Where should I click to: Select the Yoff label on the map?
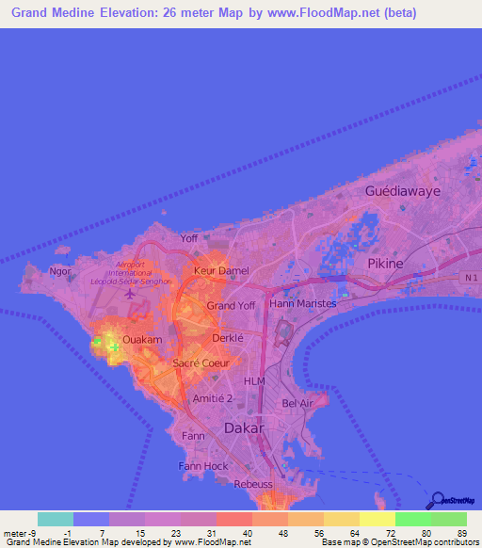point(189,238)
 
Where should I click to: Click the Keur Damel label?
point(220,271)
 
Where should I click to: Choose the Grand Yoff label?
point(231,306)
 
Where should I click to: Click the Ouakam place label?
point(143,339)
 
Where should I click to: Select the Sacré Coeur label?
point(198,363)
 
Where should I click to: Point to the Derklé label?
point(228,337)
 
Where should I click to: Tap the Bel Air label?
point(297,403)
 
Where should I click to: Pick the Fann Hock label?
point(203,466)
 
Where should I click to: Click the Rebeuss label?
point(251,484)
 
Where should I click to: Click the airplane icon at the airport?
point(129,294)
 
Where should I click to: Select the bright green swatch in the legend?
point(412,519)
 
